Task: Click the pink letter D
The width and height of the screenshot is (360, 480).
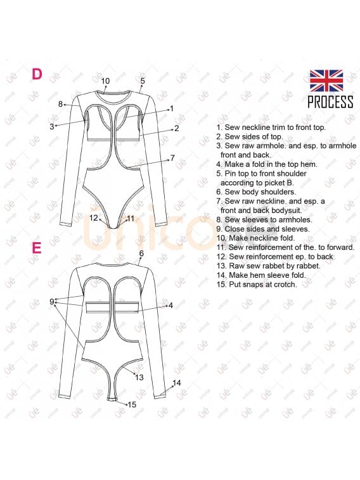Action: pos(37,74)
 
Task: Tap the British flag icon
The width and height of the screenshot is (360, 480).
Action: pos(326,81)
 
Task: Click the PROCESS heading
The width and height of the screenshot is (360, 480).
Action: pos(330,102)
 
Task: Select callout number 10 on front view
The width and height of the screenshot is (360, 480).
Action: pos(105,81)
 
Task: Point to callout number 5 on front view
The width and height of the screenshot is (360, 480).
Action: pos(143,81)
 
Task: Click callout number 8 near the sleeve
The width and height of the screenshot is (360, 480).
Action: pos(61,104)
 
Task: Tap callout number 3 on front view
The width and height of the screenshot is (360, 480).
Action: pos(52,126)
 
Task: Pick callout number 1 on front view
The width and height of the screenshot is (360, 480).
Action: pos(171,108)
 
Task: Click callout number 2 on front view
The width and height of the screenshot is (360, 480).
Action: pos(176,128)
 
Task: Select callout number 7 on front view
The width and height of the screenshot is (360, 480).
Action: pos(172,157)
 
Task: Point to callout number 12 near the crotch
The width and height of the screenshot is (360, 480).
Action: pos(94,217)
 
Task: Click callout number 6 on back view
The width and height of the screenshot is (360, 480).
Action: pos(141,253)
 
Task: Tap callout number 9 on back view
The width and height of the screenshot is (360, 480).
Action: pos(52,301)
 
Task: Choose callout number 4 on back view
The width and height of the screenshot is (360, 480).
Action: pos(170,305)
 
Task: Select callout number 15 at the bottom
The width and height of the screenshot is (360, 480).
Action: pos(132,404)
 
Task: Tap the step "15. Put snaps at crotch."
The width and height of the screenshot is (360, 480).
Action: pos(263,285)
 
